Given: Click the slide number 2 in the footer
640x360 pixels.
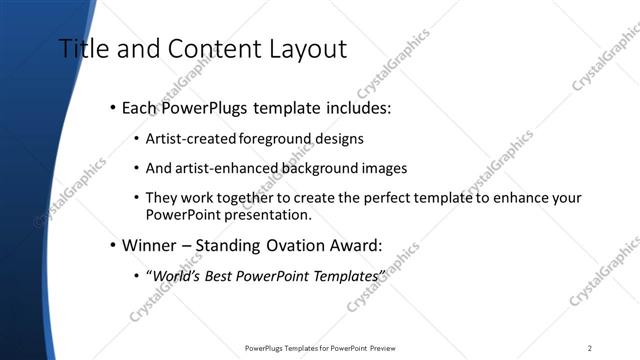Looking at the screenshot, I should pos(590,348).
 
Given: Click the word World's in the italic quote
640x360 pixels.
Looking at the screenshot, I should pos(174,273).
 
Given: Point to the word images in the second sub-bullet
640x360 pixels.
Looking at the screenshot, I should pos(385,169).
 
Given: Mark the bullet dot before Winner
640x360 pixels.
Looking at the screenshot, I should pos(112,244).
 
